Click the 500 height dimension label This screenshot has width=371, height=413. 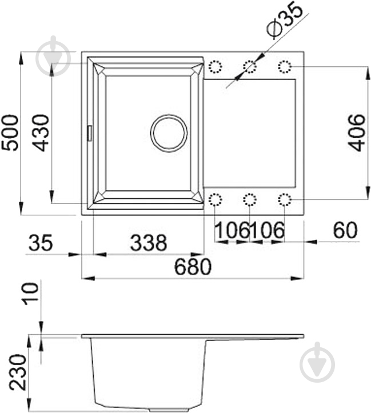click(11, 133)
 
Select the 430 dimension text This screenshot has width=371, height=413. click(39, 133)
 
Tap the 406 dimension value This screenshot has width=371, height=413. click(357, 133)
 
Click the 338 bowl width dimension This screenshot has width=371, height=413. click(148, 243)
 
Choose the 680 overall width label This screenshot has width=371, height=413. click(193, 267)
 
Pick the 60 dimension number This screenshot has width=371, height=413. click(345, 230)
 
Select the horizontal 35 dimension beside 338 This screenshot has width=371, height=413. click(40, 243)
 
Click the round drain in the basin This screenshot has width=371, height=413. click(169, 133)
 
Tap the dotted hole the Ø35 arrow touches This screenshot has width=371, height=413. click(250, 67)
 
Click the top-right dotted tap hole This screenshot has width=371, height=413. click(285, 67)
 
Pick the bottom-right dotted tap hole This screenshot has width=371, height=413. click(285, 199)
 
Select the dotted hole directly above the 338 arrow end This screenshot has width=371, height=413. click(216, 199)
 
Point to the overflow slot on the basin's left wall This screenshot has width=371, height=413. click(89, 133)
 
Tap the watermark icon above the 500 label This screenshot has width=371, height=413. click(53, 55)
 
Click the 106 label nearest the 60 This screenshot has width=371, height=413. click(267, 231)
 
